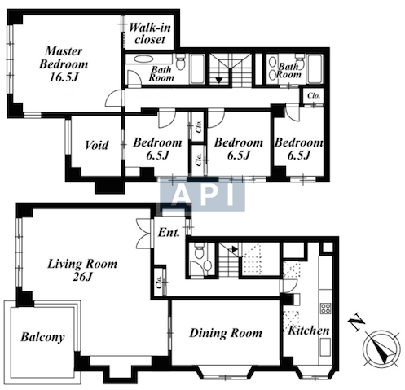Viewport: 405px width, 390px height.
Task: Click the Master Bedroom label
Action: (x=64, y=64)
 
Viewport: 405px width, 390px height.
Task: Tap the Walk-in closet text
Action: (x=150, y=33)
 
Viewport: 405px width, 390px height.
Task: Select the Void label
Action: (x=96, y=145)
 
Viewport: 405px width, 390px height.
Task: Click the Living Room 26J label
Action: (x=82, y=269)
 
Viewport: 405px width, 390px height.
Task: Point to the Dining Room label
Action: (x=226, y=333)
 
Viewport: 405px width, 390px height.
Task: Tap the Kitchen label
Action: (x=309, y=331)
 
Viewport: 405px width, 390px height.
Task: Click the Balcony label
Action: (x=42, y=337)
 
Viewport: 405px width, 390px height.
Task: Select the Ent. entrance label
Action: (x=169, y=233)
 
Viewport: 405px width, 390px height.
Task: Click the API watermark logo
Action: (x=202, y=195)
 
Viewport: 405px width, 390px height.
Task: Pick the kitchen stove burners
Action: (x=325, y=309)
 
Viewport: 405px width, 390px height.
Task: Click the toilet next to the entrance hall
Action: (x=199, y=252)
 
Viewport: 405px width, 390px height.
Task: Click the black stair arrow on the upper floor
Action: (x=219, y=81)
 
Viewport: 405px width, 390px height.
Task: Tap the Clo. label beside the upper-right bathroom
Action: (x=314, y=95)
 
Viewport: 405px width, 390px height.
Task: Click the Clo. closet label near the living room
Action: (x=158, y=282)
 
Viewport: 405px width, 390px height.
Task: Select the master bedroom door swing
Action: (x=114, y=98)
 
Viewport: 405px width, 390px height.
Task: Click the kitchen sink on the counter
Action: (x=325, y=347)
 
